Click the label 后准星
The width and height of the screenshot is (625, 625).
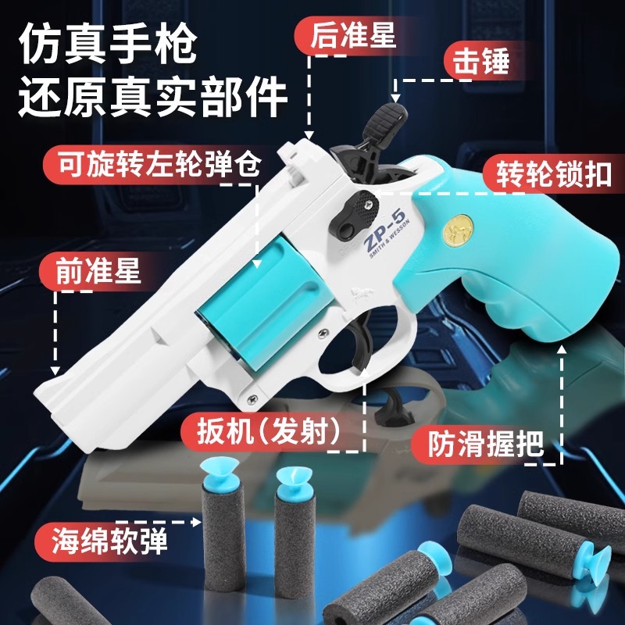tap(353, 35)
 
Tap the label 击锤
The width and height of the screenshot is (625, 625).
tap(481, 62)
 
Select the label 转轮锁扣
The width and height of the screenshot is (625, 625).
tap(554, 174)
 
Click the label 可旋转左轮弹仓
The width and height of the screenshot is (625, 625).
tap(159, 164)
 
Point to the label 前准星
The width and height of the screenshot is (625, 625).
tap(98, 270)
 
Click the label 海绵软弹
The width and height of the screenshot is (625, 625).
tap(109, 540)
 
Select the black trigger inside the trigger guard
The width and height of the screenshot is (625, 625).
tap(362, 339)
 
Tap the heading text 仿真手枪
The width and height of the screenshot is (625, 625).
tap(108, 44)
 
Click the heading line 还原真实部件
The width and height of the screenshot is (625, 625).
tap(152, 98)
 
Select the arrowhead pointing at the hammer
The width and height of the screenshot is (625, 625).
tap(395, 98)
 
